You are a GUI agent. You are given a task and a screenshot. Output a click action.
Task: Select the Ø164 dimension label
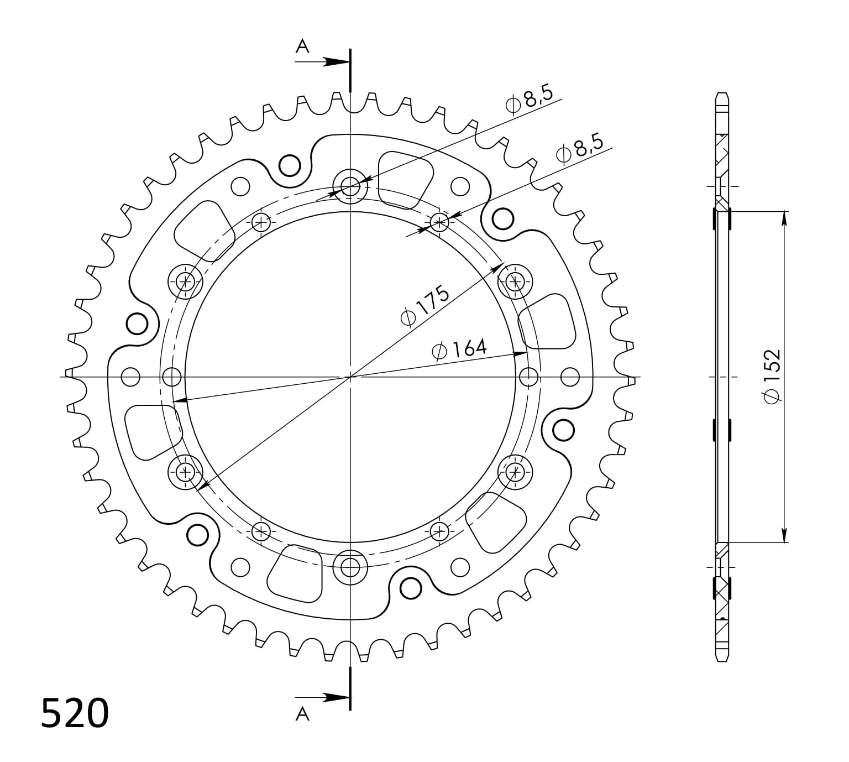click(x=459, y=349)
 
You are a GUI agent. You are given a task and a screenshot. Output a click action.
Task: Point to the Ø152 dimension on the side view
click(x=772, y=377)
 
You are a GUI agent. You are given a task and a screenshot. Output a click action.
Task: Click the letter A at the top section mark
click(x=302, y=46)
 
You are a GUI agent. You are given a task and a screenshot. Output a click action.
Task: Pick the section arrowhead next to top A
click(x=336, y=61)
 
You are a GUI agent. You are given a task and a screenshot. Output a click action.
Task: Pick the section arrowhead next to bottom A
click(x=336, y=698)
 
